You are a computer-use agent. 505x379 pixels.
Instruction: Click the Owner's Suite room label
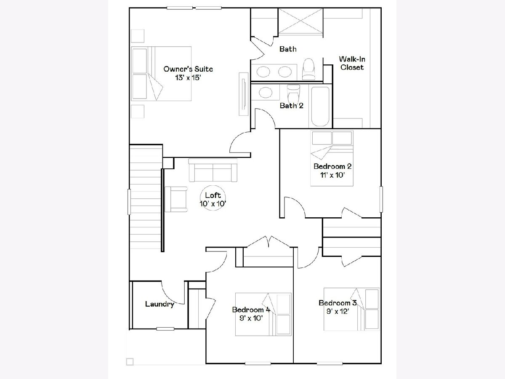tap(188, 69)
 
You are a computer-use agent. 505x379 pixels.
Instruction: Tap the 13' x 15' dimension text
tap(188, 78)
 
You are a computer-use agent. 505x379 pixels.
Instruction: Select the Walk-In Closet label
tap(352, 63)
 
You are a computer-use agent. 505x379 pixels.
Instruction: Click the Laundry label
tap(159, 304)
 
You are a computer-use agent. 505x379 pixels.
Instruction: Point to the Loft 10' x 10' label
tap(213, 199)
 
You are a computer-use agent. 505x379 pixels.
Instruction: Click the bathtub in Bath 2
tap(320, 106)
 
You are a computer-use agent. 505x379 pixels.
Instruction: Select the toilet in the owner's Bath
tap(308, 69)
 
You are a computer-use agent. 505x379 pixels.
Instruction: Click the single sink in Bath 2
tap(266, 92)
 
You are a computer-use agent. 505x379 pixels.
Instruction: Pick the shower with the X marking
tap(301, 21)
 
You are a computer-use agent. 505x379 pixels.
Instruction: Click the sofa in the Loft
tap(213, 170)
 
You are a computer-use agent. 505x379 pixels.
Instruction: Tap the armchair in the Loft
tap(176, 199)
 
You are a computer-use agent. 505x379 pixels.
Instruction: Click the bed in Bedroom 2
tap(332, 158)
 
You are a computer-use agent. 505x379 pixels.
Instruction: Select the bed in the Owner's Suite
tap(161, 74)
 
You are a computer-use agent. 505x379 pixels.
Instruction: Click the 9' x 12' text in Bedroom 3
tap(338, 311)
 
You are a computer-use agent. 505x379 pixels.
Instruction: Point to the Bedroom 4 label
tap(251, 310)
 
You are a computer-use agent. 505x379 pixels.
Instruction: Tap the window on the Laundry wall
tap(165, 329)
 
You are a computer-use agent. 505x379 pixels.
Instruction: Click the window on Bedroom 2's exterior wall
tap(381, 199)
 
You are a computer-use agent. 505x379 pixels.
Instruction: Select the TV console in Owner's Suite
tap(243, 94)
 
